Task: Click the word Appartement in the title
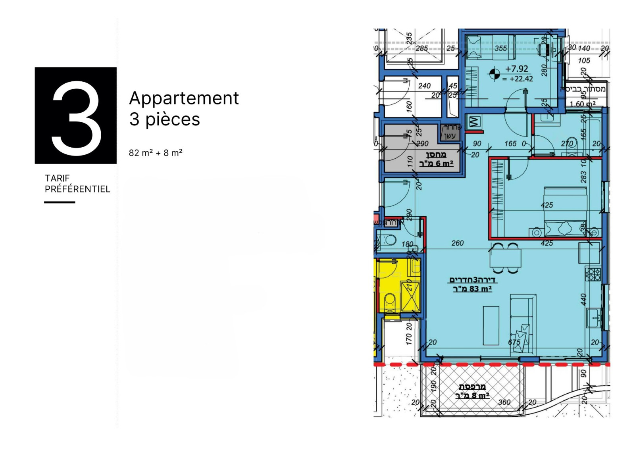pos(184,98)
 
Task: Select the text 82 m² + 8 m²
pos(156,153)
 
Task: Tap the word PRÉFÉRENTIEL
pos(77,189)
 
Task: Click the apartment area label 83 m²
pos(472,289)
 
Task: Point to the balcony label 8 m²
pos(472,396)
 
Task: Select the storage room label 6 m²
pos(436,164)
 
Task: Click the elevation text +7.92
pos(516,69)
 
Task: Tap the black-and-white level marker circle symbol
pos(494,74)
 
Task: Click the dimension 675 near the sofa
pos(514,342)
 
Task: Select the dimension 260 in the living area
pos(457,243)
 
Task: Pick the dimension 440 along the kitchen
pos(583,299)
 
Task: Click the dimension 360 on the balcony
pos(504,402)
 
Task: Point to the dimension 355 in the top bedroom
pos(501,48)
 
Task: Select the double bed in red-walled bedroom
pos(565,212)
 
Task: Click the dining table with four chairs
pos(505,258)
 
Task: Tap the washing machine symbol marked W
pos(474,121)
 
